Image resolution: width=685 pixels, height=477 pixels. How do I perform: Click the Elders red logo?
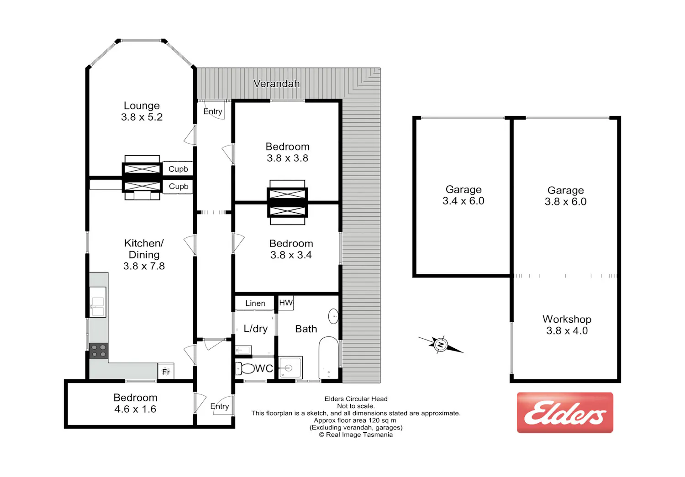(565, 413)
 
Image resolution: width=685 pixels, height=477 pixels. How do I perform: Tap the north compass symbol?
(441, 345)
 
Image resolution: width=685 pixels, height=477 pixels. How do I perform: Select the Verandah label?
(276, 84)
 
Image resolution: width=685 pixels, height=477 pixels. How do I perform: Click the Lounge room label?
(142, 105)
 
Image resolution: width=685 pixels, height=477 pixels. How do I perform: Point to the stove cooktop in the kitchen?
(99, 351)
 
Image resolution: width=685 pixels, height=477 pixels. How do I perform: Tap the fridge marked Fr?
(166, 371)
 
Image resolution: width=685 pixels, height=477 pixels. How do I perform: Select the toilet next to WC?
(245, 368)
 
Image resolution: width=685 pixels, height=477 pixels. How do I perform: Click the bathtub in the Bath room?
(328, 358)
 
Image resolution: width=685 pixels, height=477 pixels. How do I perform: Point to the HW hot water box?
(286, 303)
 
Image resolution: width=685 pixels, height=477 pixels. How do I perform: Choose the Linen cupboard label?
(255, 303)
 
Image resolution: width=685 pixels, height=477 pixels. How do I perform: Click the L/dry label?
(256, 329)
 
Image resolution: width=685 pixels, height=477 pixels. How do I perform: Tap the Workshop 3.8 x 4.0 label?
(567, 325)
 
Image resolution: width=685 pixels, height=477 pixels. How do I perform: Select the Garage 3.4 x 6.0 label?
(464, 195)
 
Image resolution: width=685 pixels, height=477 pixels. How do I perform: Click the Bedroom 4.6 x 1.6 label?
(135, 403)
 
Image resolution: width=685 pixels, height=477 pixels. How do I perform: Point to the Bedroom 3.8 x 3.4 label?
(291, 249)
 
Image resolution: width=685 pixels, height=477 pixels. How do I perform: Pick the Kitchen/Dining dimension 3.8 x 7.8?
(144, 266)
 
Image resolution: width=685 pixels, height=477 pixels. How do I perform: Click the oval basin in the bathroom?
(333, 316)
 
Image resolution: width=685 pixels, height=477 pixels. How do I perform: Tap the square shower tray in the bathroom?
(290, 367)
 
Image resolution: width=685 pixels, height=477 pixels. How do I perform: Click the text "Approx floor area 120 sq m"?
(355, 420)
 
